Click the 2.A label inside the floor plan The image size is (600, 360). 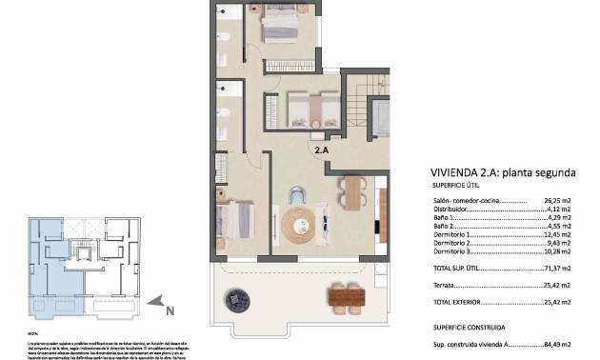click(x=323, y=150)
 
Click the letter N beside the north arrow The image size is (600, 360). click(x=169, y=309)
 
